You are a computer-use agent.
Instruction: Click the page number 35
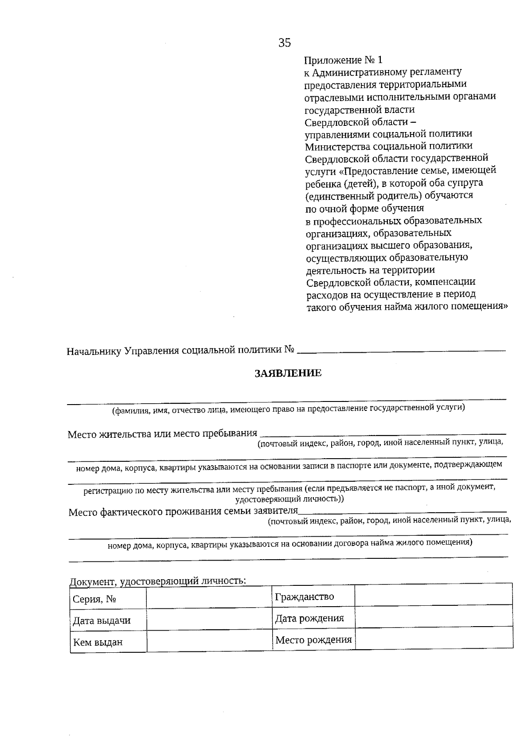point(285,43)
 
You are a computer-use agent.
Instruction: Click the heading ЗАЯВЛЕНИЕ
point(288,373)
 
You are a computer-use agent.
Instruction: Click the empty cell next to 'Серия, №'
point(209,599)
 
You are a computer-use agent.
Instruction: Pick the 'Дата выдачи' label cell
point(102,620)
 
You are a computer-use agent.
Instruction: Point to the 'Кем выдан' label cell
point(98,642)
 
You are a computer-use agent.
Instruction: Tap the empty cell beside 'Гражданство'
point(434,596)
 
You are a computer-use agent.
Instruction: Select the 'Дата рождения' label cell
point(309,618)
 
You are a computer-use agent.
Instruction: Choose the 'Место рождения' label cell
point(313,640)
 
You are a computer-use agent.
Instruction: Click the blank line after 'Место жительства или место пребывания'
point(382,433)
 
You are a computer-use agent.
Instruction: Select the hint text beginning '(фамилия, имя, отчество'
point(288,408)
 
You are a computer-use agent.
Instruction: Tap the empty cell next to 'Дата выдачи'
point(209,620)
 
